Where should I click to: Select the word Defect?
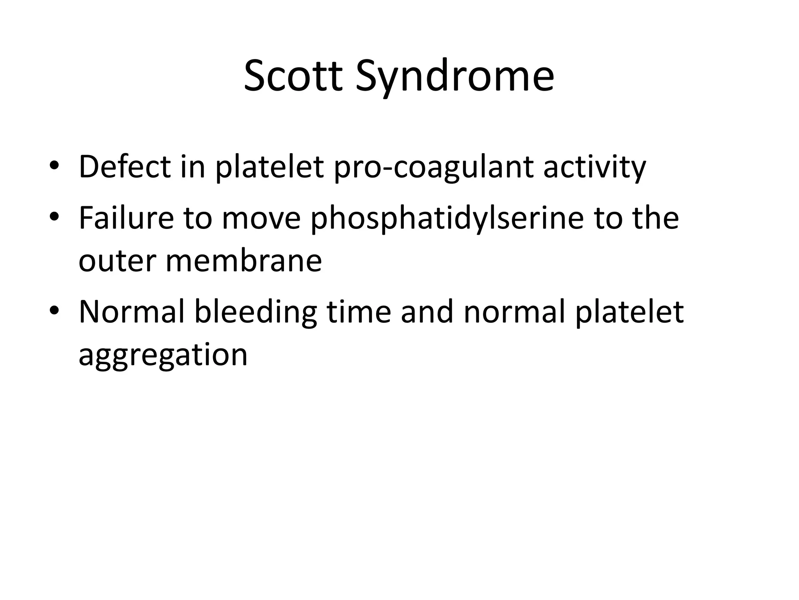(124, 167)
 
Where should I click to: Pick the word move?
(261, 218)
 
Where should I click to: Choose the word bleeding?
(256, 312)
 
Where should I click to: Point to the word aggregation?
(163, 355)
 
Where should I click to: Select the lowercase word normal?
(514, 312)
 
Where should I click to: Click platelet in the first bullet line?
(269, 168)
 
